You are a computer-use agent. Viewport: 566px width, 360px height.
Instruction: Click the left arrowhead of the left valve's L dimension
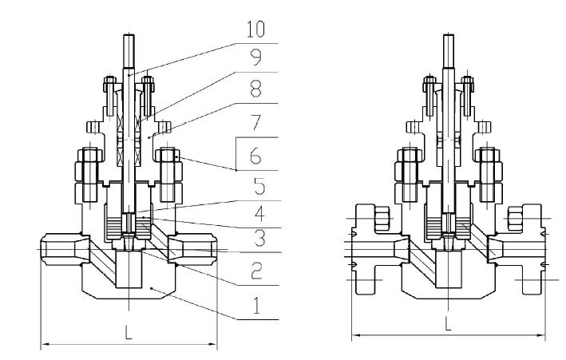click(x=45, y=345)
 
